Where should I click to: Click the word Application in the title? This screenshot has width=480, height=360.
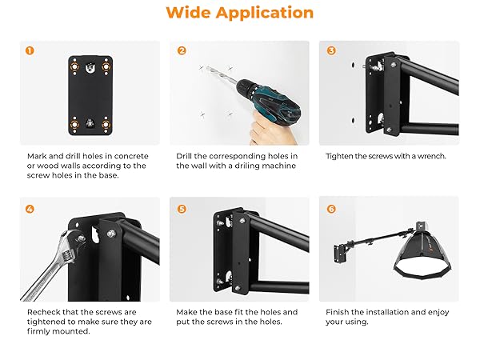pos(265,13)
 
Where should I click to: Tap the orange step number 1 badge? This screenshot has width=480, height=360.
pos(30,50)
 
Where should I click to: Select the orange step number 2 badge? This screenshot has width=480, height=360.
pos(182,50)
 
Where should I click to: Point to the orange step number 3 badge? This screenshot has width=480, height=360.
pos(331,50)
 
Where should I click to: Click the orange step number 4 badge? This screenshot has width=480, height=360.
pos(30,209)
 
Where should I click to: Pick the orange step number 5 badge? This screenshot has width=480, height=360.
pos(182,209)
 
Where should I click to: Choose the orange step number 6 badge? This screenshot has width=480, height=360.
pos(331,209)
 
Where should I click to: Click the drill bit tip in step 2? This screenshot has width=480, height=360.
pos(207,67)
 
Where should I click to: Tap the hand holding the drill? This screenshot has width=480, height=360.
pos(273,129)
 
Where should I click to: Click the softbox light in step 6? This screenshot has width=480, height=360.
pos(423,251)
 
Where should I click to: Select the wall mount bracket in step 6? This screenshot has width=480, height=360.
pos(340,253)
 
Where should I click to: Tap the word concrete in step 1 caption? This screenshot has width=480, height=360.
pos(131,156)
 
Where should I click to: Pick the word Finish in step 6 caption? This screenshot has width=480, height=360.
pos(337,312)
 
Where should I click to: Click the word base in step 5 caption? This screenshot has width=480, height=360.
pos(223,312)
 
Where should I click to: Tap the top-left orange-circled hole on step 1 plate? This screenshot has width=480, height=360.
pos(74,66)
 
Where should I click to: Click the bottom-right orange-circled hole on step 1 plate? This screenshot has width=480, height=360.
pos(106,124)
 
